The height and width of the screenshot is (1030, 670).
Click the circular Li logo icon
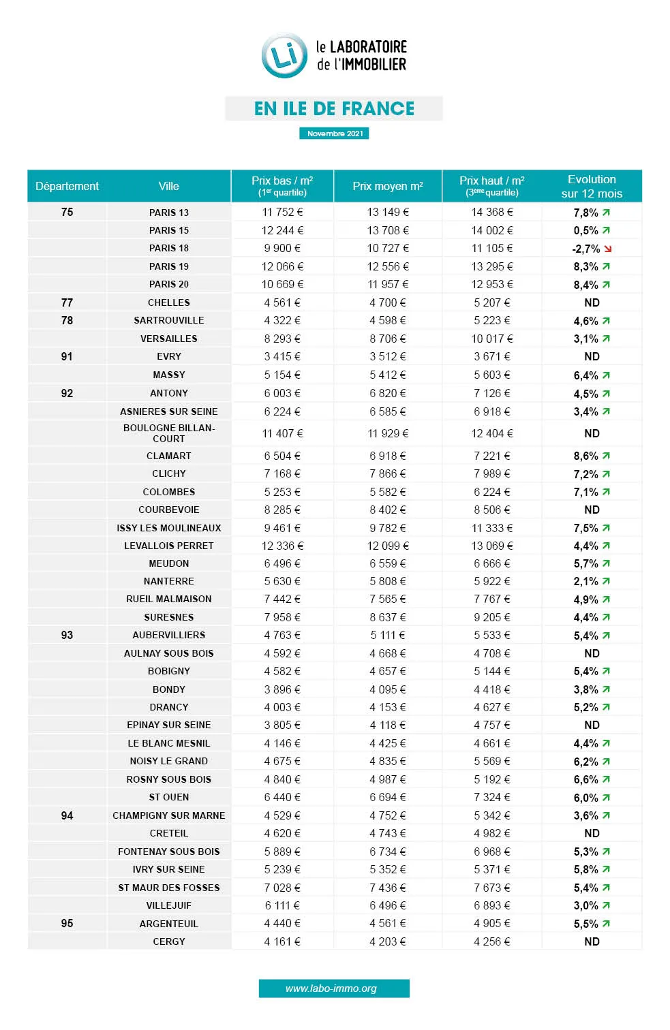tap(284, 55)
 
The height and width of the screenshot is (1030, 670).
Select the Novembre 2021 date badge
tap(334, 134)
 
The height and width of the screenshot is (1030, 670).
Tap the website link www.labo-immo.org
tap(334, 988)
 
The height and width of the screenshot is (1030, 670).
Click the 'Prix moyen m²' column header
tap(388, 186)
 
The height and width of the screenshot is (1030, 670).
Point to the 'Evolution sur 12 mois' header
tap(592, 186)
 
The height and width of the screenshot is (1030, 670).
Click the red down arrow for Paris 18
tap(608, 249)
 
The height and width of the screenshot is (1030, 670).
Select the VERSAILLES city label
tap(169, 339)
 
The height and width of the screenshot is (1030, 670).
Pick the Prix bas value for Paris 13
tap(282, 212)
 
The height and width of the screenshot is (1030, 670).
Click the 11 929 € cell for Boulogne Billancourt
tap(388, 433)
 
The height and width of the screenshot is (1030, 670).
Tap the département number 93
tap(67, 635)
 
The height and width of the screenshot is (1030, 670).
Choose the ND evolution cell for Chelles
tap(592, 302)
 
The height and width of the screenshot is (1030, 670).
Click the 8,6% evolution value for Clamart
tap(585, 456)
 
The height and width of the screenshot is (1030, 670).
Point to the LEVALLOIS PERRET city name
tap(169, 546)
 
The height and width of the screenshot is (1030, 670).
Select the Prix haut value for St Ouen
tap(492, 797)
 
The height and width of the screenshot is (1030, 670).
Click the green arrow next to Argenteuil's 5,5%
tap(607, 924)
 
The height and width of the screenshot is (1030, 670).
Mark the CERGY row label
tap(169, 941)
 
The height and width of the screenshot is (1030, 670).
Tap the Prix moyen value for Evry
tap(388, 356)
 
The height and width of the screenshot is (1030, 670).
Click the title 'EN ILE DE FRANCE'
tap(334, 108)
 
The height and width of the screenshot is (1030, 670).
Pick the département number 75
tap(67, 212)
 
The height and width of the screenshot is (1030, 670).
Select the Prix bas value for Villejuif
tap(282, 905)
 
